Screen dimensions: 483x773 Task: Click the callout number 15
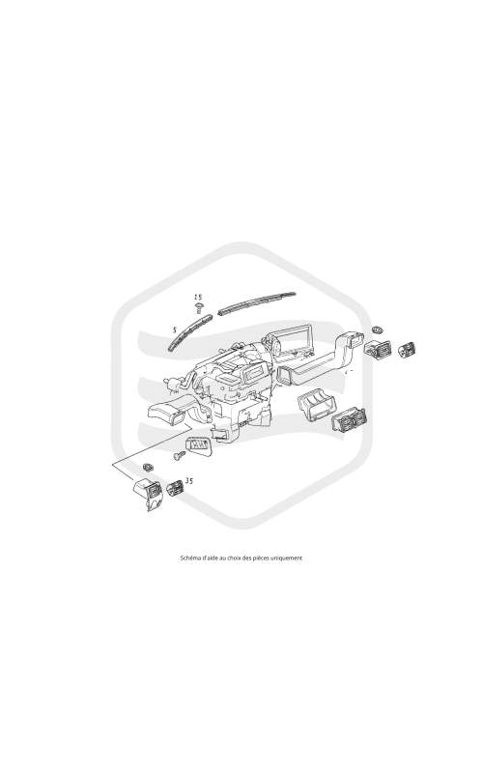click(198, 297)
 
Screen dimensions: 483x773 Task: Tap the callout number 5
click(175, 329)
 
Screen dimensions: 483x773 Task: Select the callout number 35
click(188, 480)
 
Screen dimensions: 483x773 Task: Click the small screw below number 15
click(199, 308)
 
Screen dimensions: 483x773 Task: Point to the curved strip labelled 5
click(189, 331)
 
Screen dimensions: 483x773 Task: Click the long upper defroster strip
click(256, 303)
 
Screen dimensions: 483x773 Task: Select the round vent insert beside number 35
click(175, 488)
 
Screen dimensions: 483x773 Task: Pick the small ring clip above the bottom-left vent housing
click(147, 467)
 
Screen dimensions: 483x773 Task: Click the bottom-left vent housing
click(148, 494)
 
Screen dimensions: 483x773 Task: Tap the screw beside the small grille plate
click(180, 455)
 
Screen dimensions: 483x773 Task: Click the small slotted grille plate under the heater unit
click(199, 445)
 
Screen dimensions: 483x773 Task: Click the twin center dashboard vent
click(349, 420)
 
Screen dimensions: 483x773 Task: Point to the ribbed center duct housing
click(317, 407)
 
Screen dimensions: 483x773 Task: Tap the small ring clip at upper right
click(378, 329)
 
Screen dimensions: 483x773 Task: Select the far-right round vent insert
click(407, 350)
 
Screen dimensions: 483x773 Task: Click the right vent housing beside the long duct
click(379, 349)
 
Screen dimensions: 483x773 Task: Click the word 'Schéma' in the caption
click(187, 558)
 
